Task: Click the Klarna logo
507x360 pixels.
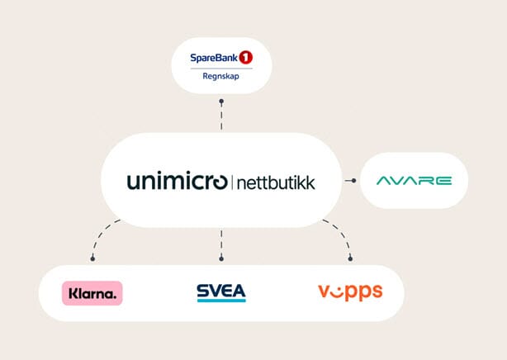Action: (92, 292)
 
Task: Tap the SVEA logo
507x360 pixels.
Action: (220, 292)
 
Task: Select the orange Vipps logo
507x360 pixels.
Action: (349, 292)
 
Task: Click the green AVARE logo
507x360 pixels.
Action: (415, 180)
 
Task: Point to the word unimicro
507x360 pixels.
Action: (177, 181)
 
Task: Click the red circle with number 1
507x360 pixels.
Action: (245, 58)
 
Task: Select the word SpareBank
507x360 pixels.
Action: (213, 59)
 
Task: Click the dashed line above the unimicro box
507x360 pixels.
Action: (221, 117)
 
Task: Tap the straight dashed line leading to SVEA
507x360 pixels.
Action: (221, 244)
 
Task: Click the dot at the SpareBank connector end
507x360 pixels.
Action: (221, 102)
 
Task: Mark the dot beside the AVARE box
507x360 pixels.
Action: (354, 180)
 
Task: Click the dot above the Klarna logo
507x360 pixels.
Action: (92, 258)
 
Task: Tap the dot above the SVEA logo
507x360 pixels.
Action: (221, 258)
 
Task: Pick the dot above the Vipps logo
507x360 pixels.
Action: (351, 258)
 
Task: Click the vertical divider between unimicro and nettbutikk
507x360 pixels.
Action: (233, 181)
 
